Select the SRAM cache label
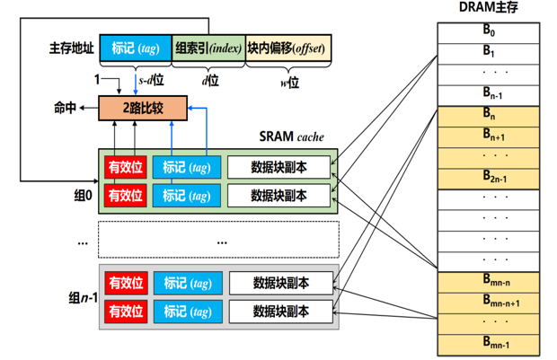292,137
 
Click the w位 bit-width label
288,80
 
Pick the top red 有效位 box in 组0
126,166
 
